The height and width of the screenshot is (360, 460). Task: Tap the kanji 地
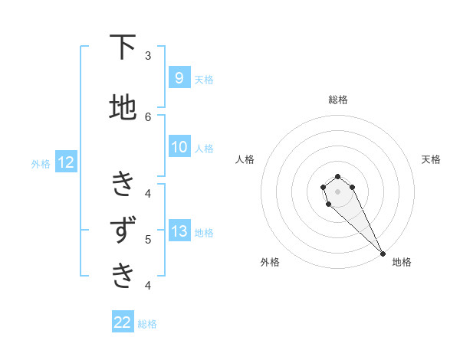coord(123,107)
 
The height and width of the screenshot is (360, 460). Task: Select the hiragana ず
coord(123,230)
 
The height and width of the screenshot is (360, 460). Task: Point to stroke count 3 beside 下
coord(148,56)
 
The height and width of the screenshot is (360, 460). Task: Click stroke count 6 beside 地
coord(148,116)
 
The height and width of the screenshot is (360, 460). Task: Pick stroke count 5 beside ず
coord(148,239)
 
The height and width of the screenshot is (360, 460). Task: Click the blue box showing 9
coord(179,78)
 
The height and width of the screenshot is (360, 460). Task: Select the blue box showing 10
coord(179,147)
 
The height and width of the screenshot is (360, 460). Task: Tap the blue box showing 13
coord(179,231)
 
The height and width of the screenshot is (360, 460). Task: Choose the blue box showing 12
coord(65,162)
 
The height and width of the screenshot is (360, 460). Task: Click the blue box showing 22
coord(123,322)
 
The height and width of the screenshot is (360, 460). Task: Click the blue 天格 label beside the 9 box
coord(204,79)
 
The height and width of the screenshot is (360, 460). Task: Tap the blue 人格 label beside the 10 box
coord(204,148)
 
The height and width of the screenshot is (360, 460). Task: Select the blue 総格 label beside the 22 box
coord(147,323)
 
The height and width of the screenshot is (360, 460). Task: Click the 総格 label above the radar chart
coord(338,100)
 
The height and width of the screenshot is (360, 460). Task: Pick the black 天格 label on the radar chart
coord(431,159)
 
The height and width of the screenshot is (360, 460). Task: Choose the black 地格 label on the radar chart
coord(402,262)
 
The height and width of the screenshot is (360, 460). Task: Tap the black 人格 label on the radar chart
coord(245,159)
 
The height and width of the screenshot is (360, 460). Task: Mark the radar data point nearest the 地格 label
coord(383,254)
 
